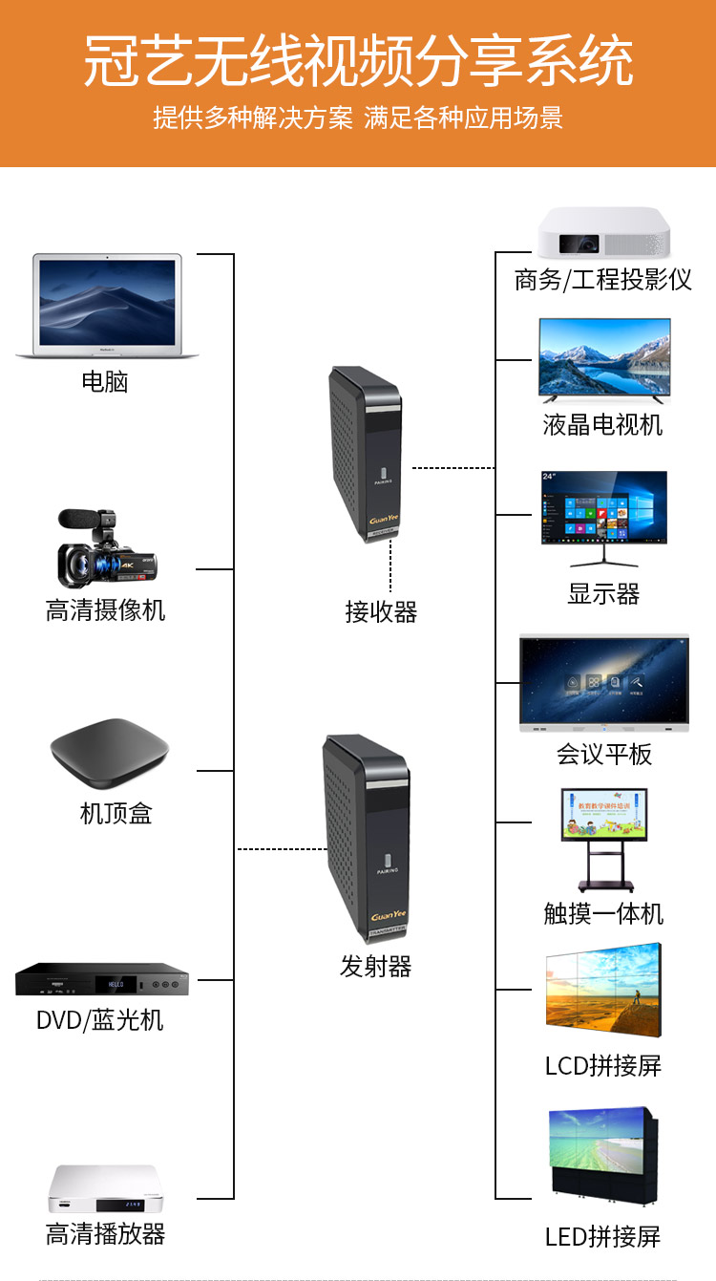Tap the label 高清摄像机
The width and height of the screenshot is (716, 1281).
(105, 609)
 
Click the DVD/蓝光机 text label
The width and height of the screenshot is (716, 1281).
(99, 1020)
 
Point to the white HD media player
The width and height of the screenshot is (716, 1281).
(105, 1188)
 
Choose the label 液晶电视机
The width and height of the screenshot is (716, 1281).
(602, 424)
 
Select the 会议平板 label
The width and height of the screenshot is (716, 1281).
(603, 755)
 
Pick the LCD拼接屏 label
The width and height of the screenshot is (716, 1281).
(602, 1065)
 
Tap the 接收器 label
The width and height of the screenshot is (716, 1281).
(381, 611)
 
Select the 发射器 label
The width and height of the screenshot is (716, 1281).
(375, 967)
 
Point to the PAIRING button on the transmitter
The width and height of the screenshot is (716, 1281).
(388, 862)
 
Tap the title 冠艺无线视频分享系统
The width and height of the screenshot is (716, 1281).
(358, 63)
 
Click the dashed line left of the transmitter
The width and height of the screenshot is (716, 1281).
(281, 848)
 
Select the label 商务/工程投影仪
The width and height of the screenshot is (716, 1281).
(602, 280)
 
